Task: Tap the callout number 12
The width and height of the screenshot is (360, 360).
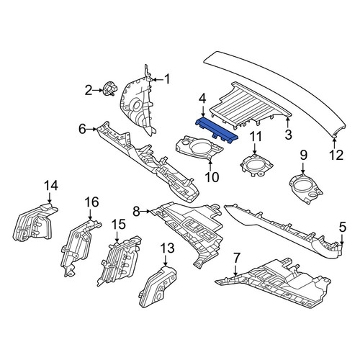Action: [x=336, y=155]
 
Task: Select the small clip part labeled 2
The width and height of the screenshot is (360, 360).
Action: [x=109, y=89]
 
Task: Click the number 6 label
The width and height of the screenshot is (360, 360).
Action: [x=82, y=130]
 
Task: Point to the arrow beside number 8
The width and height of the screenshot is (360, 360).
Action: [x=145, y=211]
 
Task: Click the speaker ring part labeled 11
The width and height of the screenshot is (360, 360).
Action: [x=257, y=165]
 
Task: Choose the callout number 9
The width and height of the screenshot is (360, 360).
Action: [x=303, y=156]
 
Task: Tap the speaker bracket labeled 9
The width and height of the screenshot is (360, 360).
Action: [x=306, y=189]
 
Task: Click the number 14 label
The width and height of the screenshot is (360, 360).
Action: [x=51, y=186]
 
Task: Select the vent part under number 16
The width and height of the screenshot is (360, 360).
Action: [x=79, y=247]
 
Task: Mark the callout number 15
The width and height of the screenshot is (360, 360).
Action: [x=119, y=225]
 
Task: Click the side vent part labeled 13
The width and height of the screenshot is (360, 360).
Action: [x=157, y=287]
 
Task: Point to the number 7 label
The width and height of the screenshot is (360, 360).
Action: [x=237, y=258]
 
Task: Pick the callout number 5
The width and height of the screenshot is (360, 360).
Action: [x=343, y=227]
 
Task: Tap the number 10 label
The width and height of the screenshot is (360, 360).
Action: [x=212, y=177]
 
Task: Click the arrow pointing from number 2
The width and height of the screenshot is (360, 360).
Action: [x=97, y=90]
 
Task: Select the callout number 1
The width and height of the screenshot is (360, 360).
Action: [x=167, y=79]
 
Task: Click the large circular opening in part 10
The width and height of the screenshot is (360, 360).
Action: [x=200, y=148]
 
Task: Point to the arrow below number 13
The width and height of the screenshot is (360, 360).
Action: [x=166, y=260]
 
